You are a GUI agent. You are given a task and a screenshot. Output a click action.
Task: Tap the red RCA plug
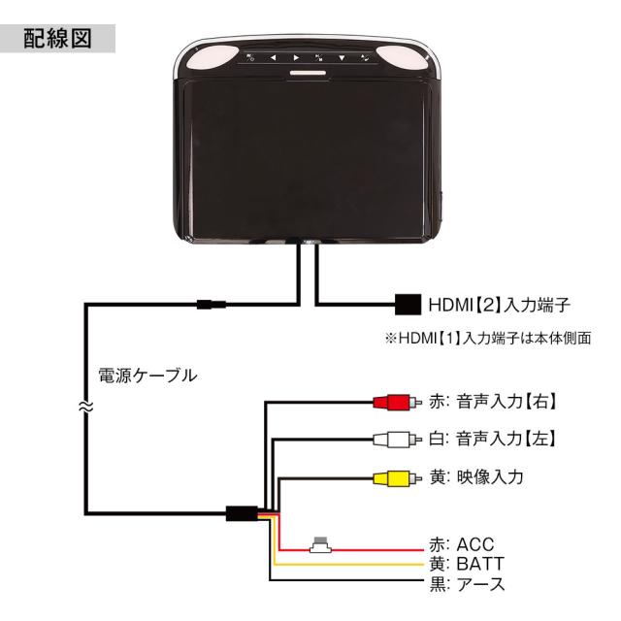(x=391, y=402)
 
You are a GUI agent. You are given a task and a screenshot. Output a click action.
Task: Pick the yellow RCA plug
(x=391, y=477)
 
